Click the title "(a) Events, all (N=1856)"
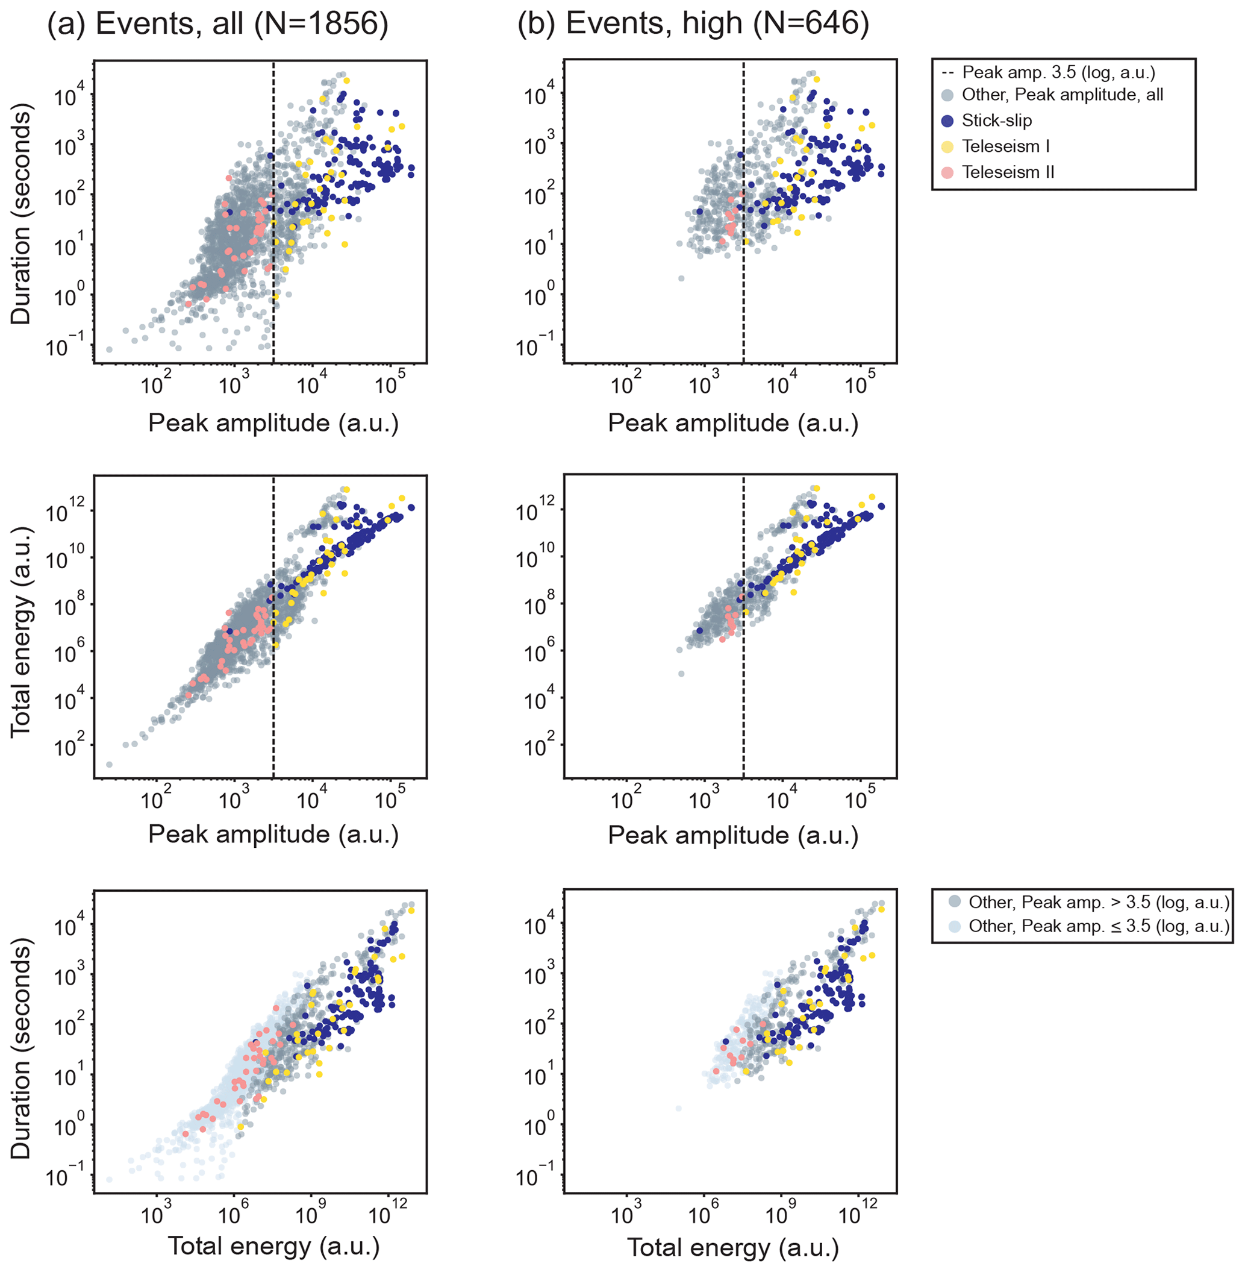pos(218,24)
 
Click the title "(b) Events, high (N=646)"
pos(693,24)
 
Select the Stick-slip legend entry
pos(996,121)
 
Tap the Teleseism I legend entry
pos(1005,146)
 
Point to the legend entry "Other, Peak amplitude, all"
pos(1062,95)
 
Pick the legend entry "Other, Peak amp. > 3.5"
pos(1099,903)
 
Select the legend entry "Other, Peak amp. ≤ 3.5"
pos(1099,926)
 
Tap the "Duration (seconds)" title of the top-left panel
pos(21,214)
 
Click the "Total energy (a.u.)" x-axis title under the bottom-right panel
pos(732,1247)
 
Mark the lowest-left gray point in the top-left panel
pos(109,350)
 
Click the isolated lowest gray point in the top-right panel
pos(681,278)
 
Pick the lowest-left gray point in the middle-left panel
pos(109,765)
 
